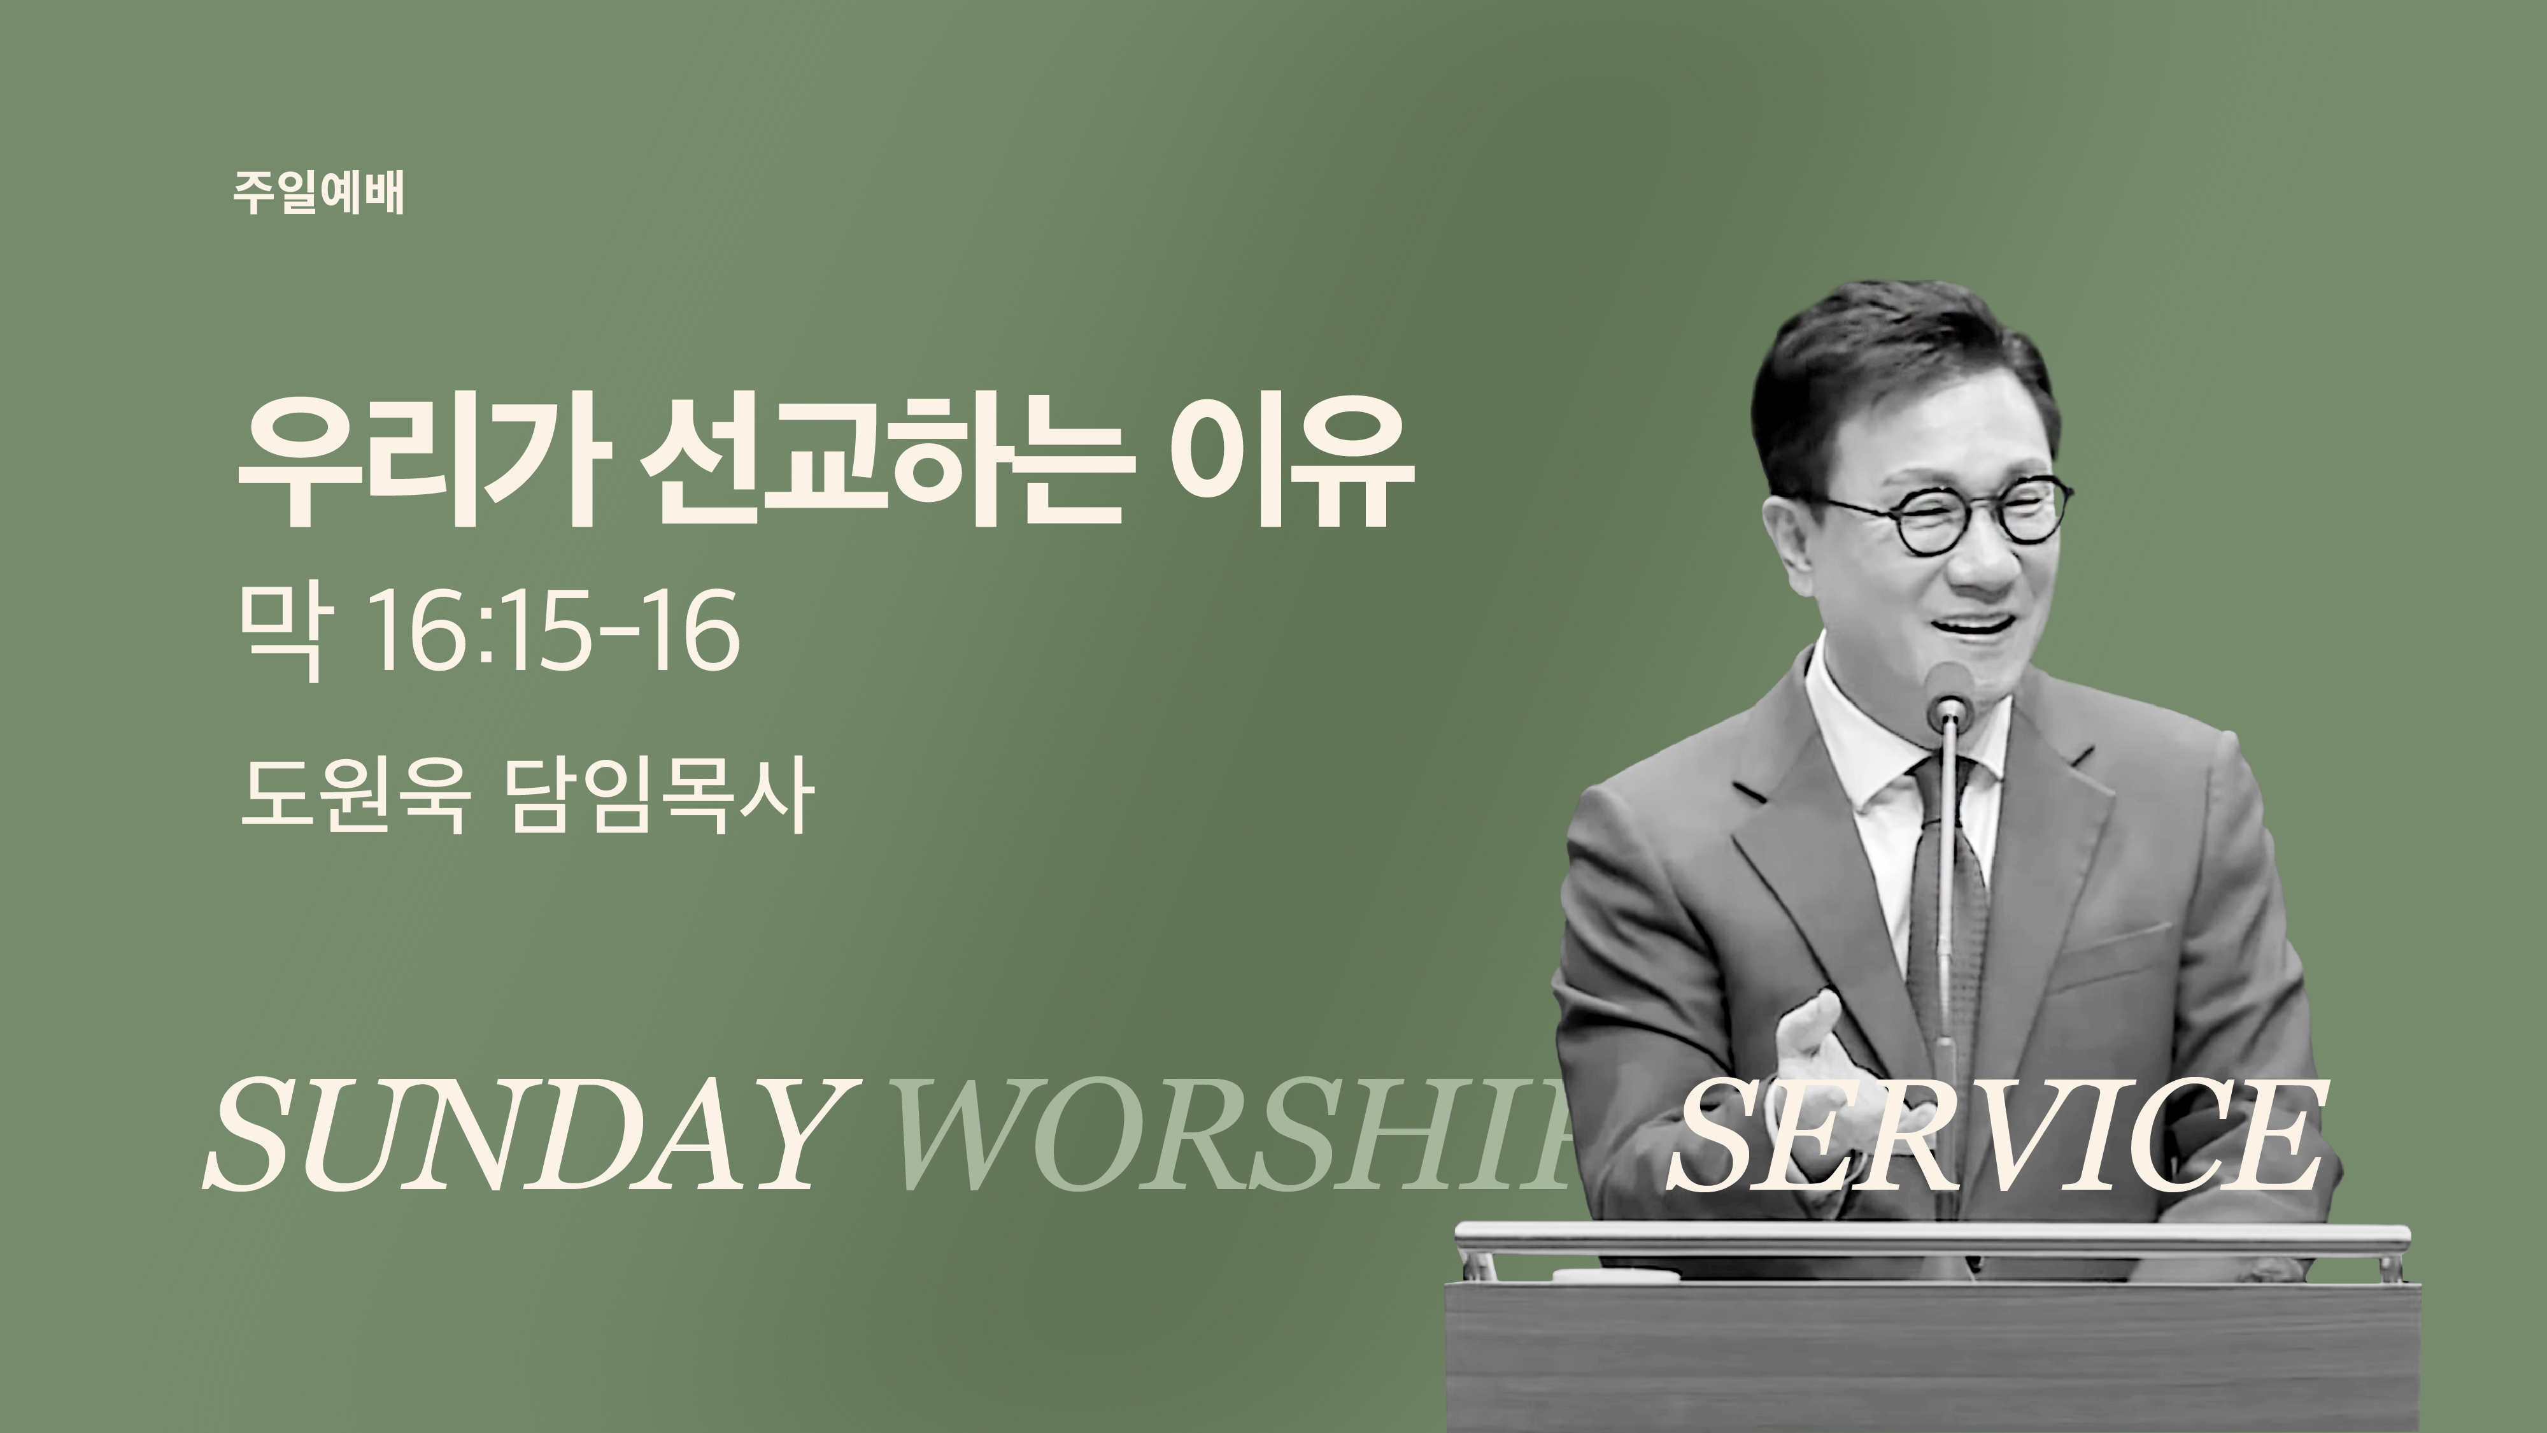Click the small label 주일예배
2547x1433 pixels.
[x=318, y=194]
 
